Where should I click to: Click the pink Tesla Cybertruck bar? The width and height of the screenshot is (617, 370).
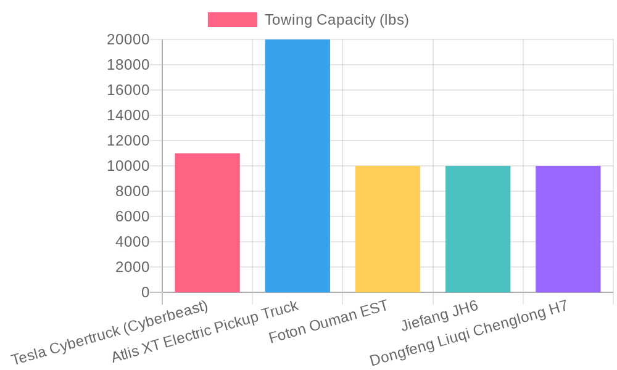[207, 223]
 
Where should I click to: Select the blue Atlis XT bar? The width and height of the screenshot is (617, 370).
[297, 166]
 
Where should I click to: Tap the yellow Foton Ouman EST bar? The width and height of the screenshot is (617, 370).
[387, 229]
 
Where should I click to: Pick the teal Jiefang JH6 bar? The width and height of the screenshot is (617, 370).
[478, 229]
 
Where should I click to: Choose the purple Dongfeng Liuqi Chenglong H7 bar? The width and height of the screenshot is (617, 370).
[568, 229]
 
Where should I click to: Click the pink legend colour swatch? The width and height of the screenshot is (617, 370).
[233, 20]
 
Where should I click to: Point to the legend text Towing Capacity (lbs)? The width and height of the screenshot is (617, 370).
[337, 20]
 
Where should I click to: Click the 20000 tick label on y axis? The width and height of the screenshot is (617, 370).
[128, 39]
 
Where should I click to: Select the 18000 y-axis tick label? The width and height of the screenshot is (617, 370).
[128, 65]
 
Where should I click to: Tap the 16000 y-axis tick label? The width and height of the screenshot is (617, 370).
[128, 90]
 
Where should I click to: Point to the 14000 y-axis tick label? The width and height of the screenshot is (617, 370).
[128, 115]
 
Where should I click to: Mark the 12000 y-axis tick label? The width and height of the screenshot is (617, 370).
[128, 141]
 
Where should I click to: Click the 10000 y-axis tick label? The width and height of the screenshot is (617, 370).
[128, 166]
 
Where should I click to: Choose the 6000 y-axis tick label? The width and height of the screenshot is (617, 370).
[132, 216]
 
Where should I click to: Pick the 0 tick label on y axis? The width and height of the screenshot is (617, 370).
[145, 292]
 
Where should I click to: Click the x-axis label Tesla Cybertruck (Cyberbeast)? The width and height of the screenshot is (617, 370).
[110, 333]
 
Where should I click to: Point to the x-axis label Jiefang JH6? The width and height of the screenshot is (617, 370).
[440, 316]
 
